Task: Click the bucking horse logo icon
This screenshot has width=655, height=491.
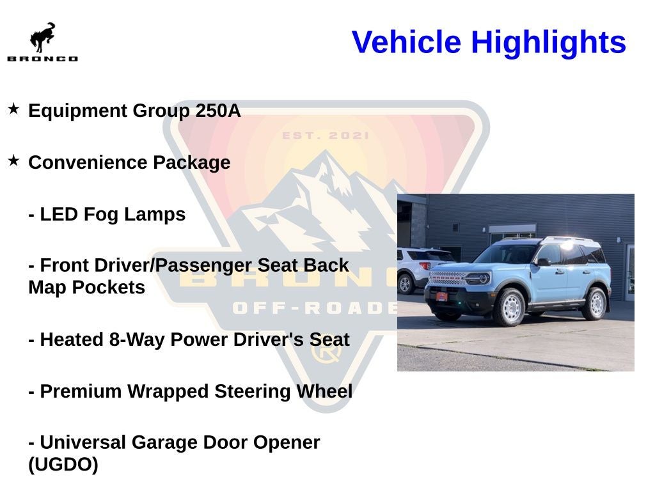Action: (42, 37)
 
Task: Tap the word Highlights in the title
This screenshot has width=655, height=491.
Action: (548, 43)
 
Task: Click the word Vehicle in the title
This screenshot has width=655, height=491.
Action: (406, 42)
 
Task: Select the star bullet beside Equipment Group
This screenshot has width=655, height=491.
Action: (13, 109)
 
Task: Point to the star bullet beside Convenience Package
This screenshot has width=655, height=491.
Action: (13, 160)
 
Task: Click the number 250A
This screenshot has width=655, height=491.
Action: (218, 111)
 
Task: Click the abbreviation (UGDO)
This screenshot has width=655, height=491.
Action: (63, 465)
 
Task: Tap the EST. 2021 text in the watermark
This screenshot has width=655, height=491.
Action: (326, 136)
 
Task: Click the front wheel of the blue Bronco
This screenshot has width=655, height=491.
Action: (509, 308)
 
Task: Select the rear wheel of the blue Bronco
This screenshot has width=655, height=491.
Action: (596, 303)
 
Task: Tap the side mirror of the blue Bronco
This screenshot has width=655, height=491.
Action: (544, 262)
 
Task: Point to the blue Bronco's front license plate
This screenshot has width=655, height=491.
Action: (442, 297)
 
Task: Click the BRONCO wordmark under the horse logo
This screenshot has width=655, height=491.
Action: (43, 59)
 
